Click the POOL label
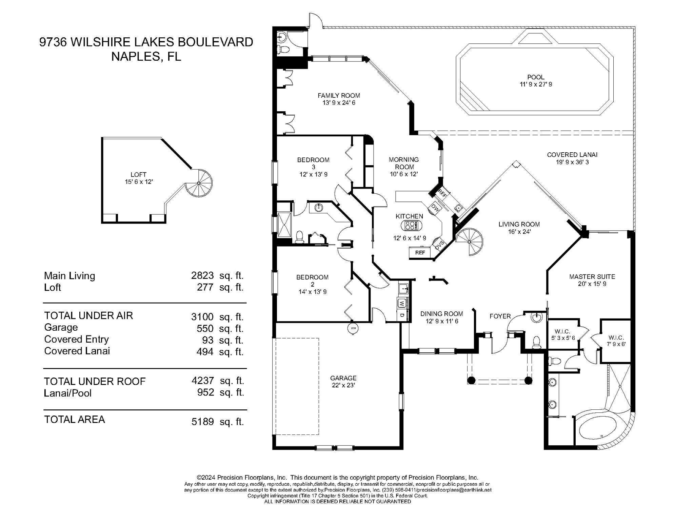click(536, 77)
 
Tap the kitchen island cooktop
click(411, 225)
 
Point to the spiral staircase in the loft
click(199, 183)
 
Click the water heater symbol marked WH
click(353, 329)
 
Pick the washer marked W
click(402, 303)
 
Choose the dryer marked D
click(402, 315)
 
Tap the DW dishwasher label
click(435, 208)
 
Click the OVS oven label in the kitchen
click(439, 245)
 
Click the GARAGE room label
click(343, 378)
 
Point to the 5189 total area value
click(203, 422)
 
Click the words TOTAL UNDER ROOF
click(95, 381)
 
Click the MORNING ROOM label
click(404, 163)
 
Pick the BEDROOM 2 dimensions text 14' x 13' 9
click(312, 292)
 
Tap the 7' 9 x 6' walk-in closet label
click(616, 344)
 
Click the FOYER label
click(500, 316)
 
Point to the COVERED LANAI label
click(572, 155)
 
